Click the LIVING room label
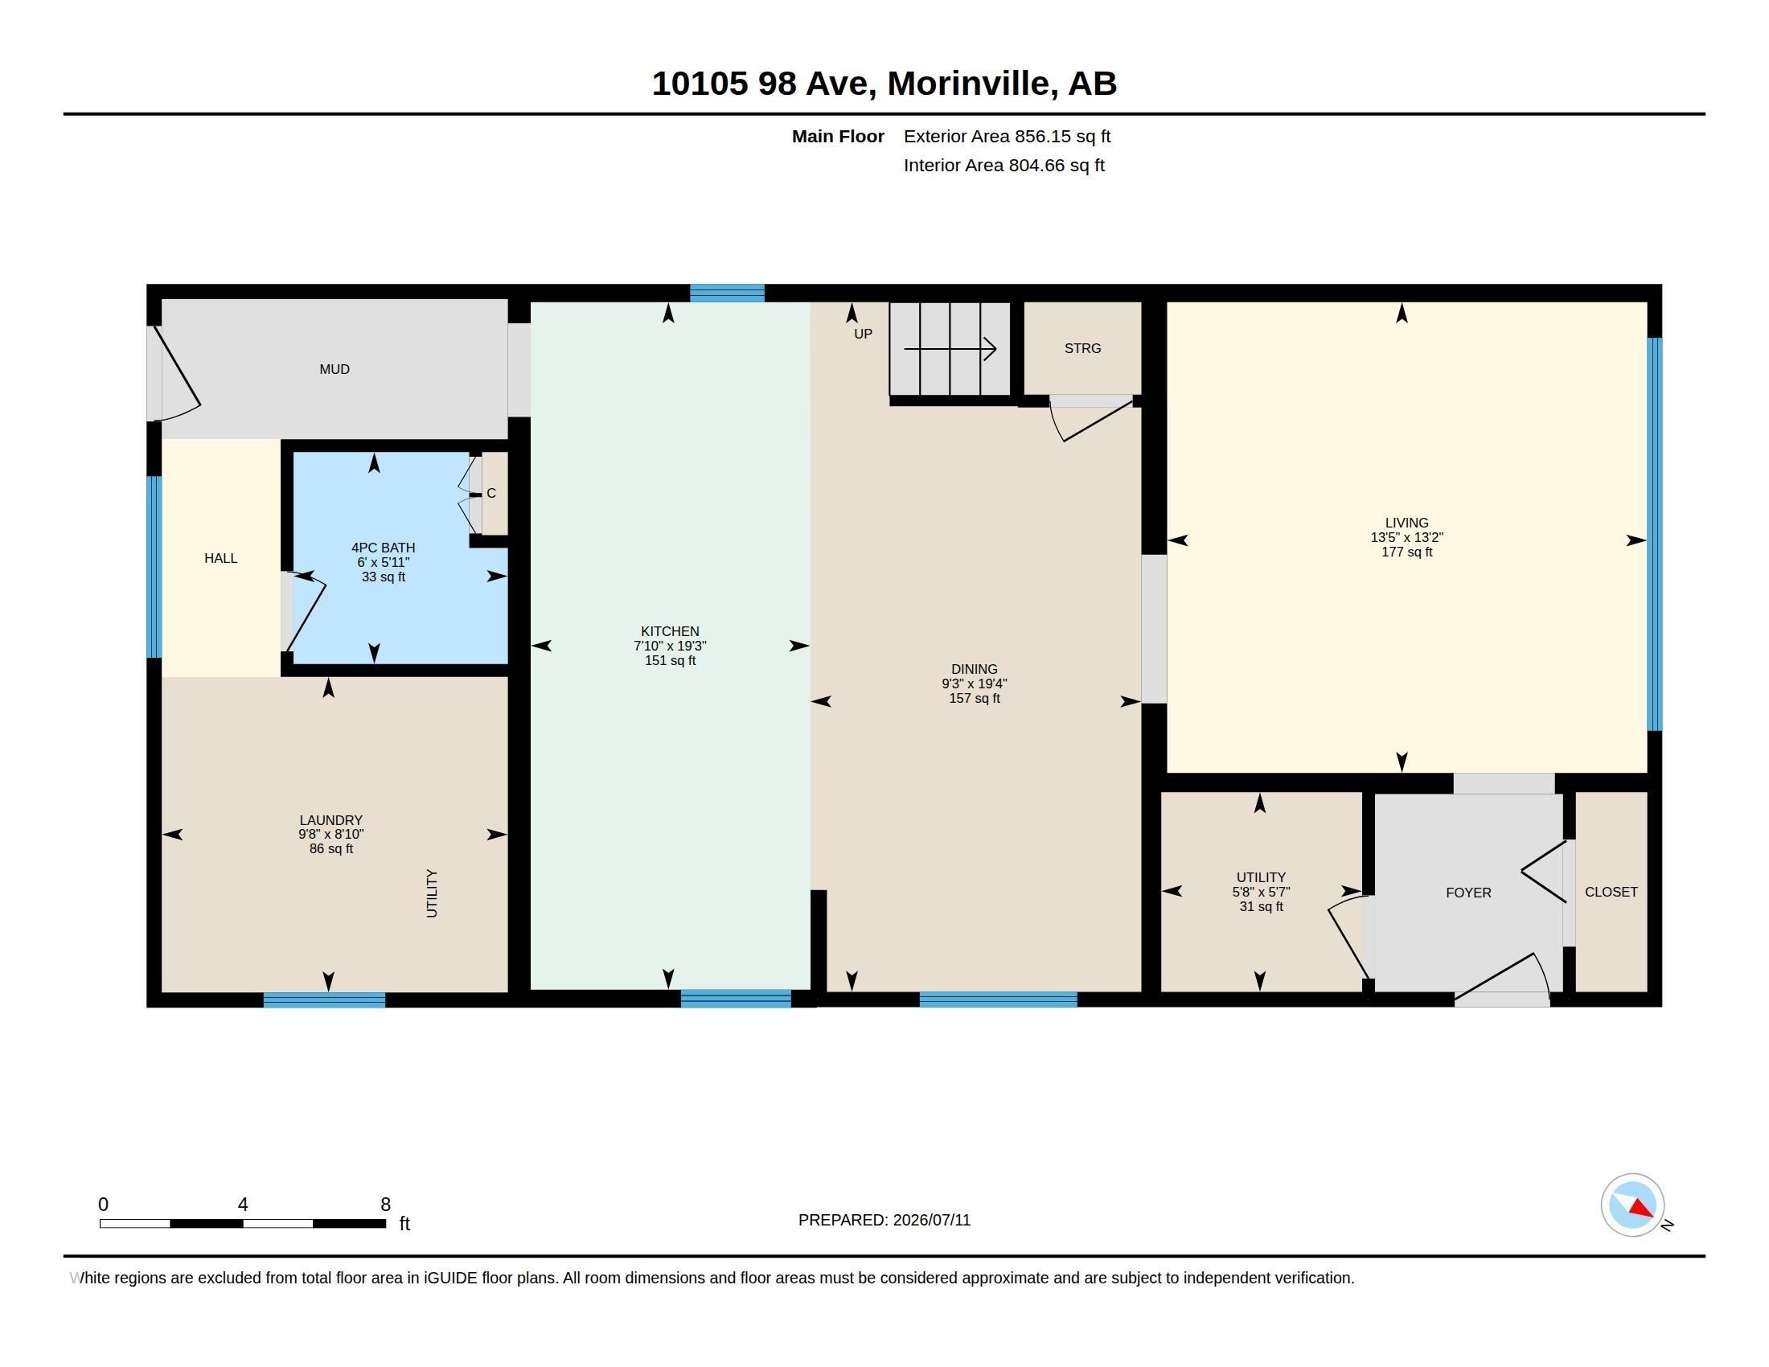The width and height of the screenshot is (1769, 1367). [1406, 523]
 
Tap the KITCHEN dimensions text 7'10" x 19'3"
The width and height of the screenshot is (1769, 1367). [670, 646]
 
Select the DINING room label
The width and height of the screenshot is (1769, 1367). [974, 669]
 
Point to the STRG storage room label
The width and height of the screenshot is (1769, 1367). [1082, 348]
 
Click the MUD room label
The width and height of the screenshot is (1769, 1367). [335, 369]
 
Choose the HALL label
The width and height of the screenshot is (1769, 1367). [220, 558]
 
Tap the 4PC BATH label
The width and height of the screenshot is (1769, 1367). [383, 548]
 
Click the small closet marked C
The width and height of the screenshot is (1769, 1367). [490, 493]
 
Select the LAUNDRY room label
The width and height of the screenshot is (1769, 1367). [330, 820]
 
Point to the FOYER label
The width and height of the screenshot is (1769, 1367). [1468, 893]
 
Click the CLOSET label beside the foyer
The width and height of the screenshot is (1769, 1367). [1611, 892]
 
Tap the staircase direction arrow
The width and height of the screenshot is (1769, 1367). [950, 349]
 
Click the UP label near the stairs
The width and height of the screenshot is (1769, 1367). [863, 334]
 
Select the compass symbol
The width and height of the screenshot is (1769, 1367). [1632, 1205]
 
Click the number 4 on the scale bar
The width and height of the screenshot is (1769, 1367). [242, 1205]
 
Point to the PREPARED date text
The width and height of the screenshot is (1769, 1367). [884, 1220]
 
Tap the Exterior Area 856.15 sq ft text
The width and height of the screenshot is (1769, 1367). [1007, 136]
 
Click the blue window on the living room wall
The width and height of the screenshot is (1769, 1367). [1655, 535]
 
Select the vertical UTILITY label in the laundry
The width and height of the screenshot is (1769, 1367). [432, 893]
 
